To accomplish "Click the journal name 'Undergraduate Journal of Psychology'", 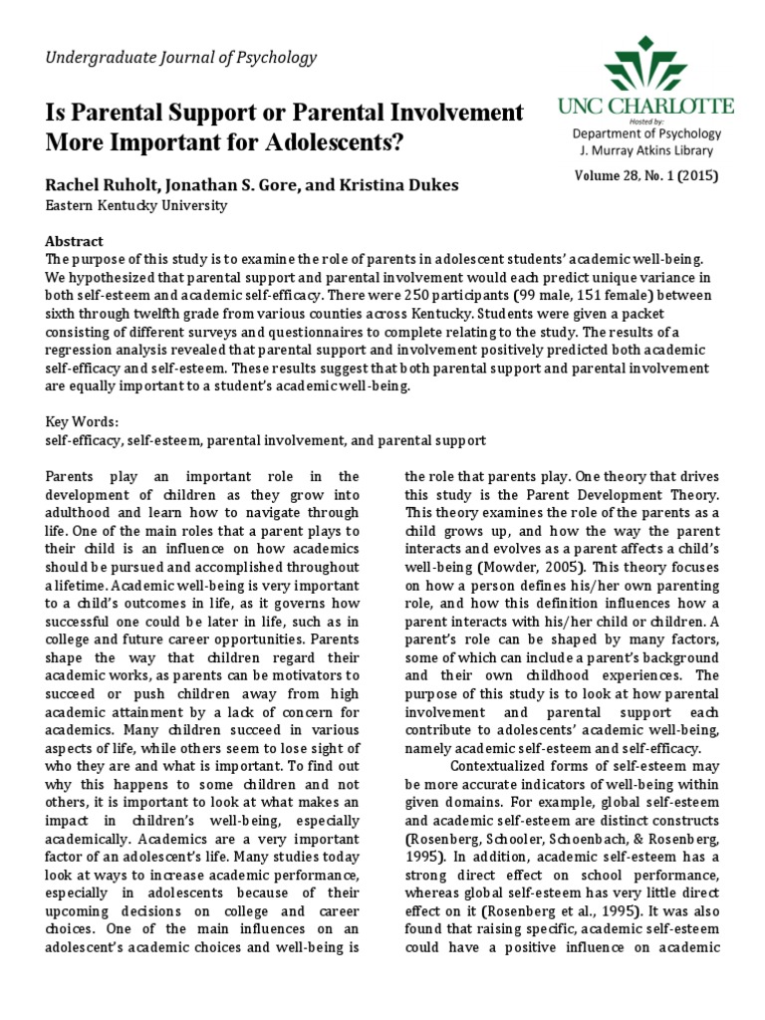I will (181, 58).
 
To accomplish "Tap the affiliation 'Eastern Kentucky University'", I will (136, 206).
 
